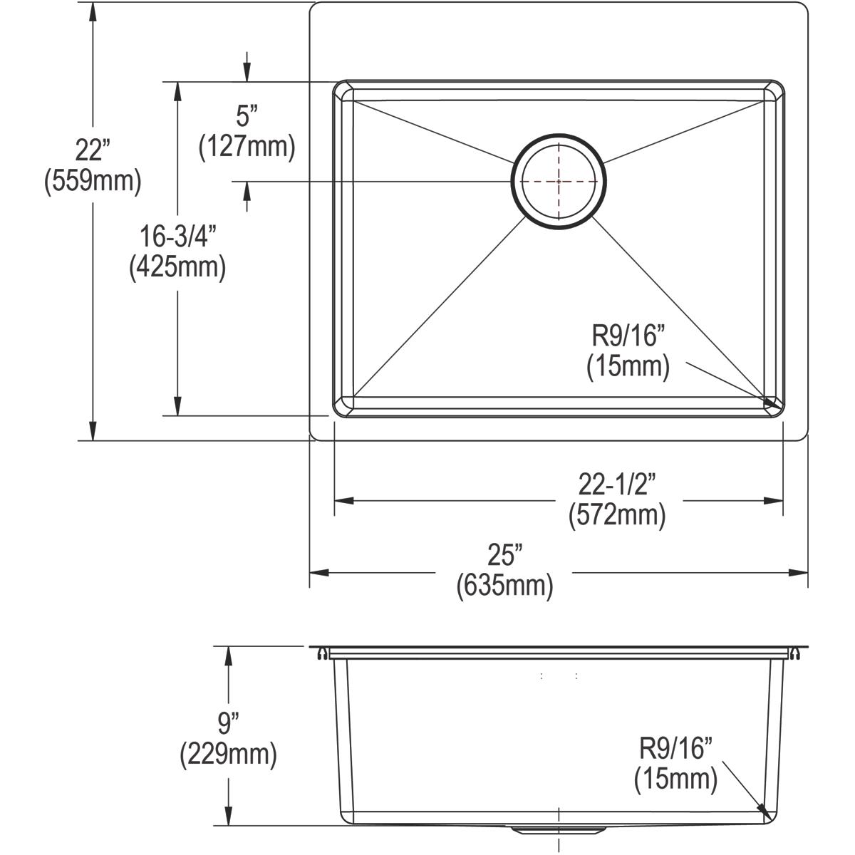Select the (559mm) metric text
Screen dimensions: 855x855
93,182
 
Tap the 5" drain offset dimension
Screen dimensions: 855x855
247,116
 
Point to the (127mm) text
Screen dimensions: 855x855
247,147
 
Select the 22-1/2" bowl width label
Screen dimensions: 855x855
616,484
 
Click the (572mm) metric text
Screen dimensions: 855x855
616,515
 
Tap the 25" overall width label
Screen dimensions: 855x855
504,554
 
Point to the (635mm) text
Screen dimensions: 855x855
504,585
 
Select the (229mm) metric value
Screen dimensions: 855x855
228,755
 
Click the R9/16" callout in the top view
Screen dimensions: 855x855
628,335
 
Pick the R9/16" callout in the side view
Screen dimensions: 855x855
675,749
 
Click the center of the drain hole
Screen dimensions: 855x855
559,181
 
